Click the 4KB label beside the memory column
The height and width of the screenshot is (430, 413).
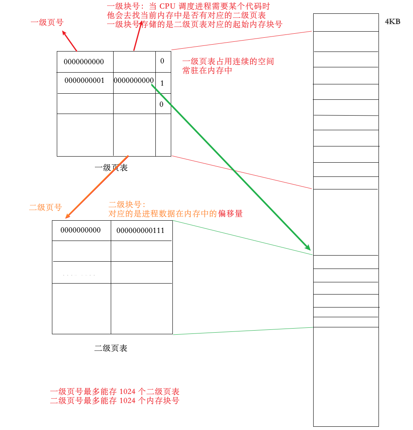392,21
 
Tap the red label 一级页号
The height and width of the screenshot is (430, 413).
47,22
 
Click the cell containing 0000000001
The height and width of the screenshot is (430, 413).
84,80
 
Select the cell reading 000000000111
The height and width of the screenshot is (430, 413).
140,230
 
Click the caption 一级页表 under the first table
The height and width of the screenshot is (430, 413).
111,168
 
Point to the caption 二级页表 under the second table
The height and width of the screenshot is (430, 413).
111,348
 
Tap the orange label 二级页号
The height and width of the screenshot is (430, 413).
45,207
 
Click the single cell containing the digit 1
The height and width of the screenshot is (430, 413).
162,83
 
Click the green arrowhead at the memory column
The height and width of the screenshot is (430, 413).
308,247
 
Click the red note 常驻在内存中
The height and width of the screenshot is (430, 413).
207,70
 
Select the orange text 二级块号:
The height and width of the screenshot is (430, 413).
127,205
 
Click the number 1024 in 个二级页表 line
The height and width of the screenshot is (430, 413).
127,391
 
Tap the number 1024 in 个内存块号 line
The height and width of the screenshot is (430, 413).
127,401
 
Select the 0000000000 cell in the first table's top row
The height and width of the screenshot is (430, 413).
84,62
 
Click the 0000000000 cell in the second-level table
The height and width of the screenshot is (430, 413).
81,230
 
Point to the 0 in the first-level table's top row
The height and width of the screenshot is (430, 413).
162,61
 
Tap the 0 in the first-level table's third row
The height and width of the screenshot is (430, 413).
161,104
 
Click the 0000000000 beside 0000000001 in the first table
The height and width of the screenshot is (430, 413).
133,80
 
